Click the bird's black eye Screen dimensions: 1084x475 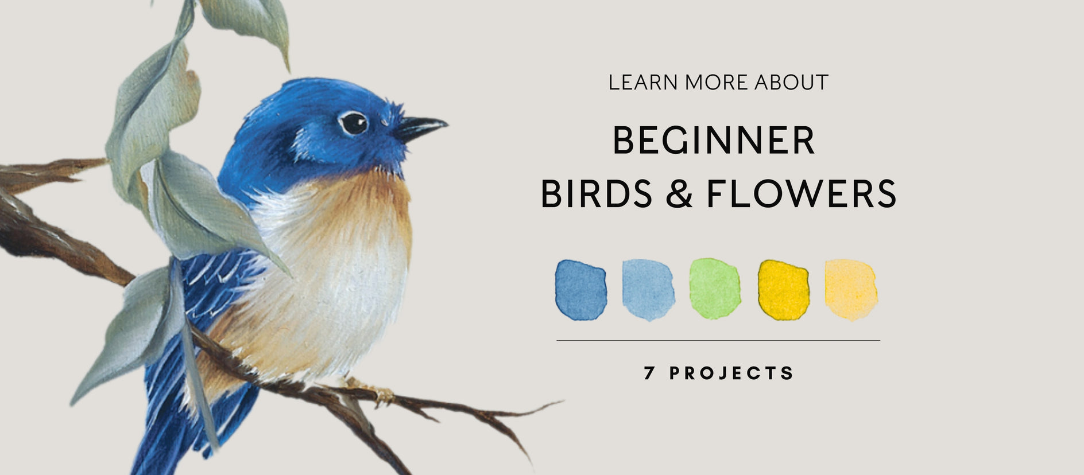[353, 123]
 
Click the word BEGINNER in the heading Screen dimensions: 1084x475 [714, 141]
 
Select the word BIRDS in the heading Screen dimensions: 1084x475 [597, 193]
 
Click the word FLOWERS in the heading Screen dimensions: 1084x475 [801, 193]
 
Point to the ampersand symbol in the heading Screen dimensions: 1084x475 [679, 193]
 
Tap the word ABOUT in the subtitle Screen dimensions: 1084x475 [791, 83]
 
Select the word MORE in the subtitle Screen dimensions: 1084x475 [717, 83]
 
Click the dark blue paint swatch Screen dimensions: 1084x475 [580, 290]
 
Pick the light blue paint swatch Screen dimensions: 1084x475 [648, 290]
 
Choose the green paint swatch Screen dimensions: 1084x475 [715, 289]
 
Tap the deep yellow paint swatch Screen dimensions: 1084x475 [784, 290]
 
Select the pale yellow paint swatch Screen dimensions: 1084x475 [851, 290]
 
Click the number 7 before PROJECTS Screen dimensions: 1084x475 [649, 373]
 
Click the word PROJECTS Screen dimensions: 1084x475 [731, 373]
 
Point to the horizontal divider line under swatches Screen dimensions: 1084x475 [718, 340]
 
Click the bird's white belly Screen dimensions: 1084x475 [339, 298]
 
